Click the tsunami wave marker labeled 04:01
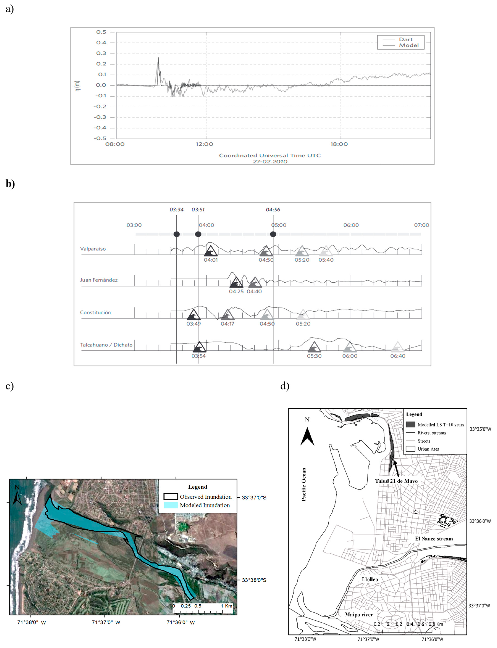click(x=211, y=251)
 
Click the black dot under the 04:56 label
click(x=273, y=234)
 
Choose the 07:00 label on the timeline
click(x=421, y=225)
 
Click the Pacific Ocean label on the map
click(x=304, y=484)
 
